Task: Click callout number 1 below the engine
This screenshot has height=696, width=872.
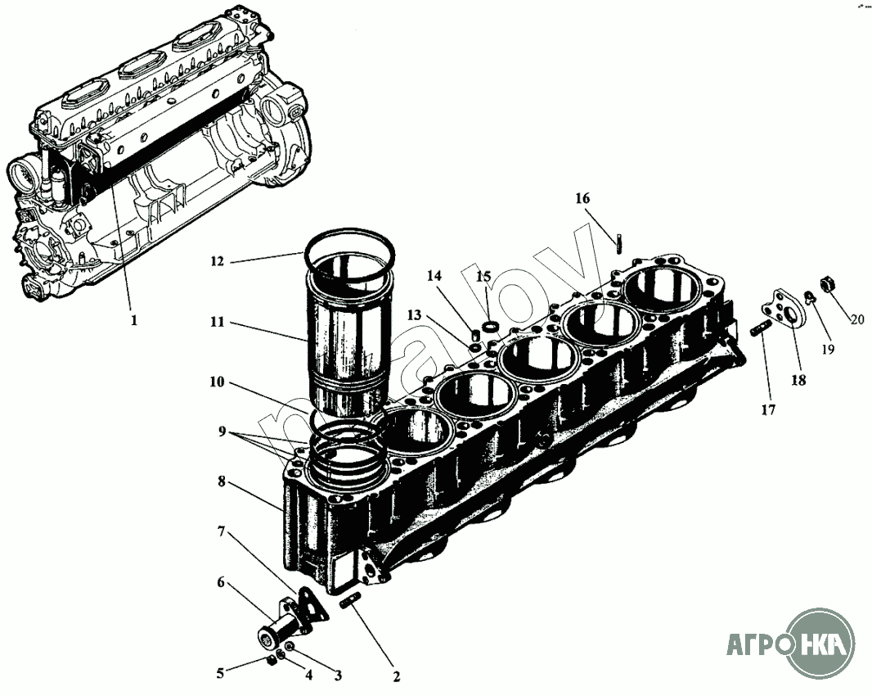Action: coord(133,321)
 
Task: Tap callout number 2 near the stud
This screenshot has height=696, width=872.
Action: coord(396,676)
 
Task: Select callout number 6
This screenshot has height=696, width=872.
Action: coord(220,583)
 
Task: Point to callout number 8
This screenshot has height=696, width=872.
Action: coord(221,482)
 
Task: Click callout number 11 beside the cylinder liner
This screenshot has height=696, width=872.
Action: coord(216,323)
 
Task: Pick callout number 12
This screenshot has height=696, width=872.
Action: coord(216,262)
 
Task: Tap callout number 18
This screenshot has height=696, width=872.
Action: coord(798,380)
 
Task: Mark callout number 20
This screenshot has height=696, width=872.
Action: coord(856,319)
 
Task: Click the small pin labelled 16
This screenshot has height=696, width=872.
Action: coord(619,242)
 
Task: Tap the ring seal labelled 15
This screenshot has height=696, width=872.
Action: coord(490,328)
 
